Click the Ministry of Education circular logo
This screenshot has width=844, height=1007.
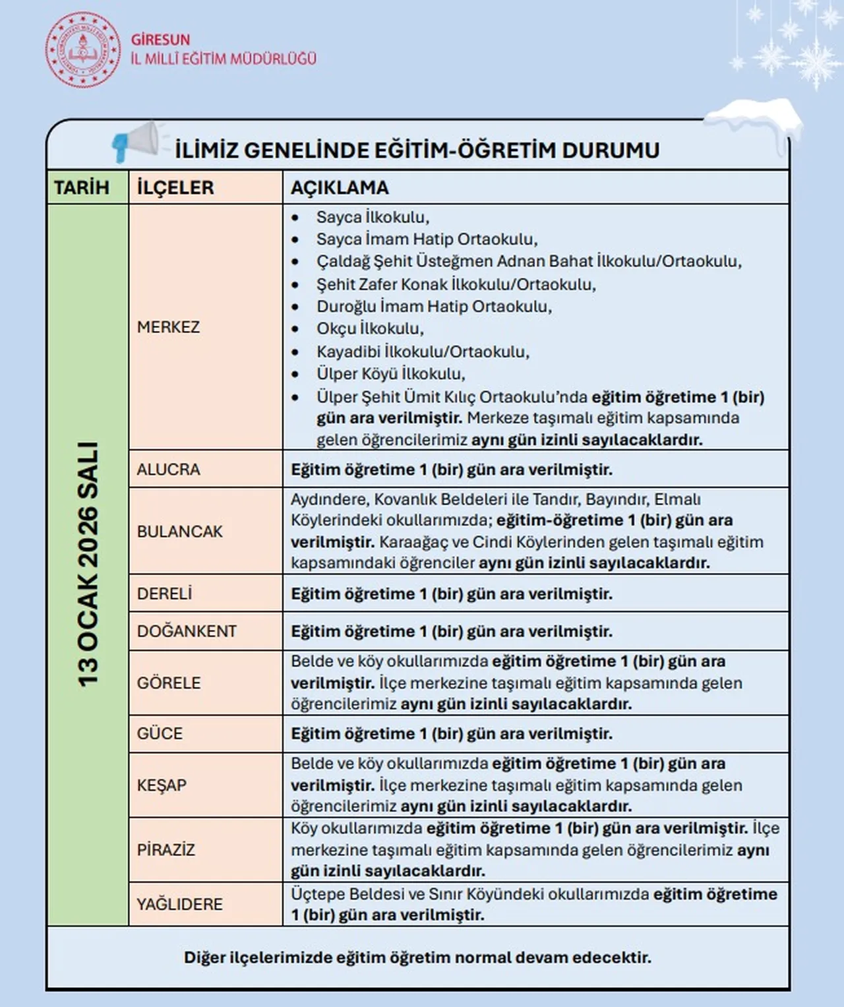(x=83, y=50)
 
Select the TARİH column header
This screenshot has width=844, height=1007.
(x=82, y=188)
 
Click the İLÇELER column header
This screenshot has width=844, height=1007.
(x=175, y=188)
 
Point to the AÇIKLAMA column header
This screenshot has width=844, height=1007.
(x=340, y=188)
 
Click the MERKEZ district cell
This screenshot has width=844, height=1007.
(x=168, y=327)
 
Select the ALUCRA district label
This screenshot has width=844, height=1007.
(x=168, y=470)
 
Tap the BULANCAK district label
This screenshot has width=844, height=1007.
(x=179, y=532)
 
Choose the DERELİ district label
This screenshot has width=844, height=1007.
(x=164, y=594)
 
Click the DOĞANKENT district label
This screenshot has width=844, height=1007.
(x=187, y=631)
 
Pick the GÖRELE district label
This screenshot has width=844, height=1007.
(x=169, y=683)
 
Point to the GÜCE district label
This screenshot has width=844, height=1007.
(x=160, y=733)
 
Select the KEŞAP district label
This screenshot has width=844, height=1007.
(x=162, y=785)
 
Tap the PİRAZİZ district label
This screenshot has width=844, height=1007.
(x=166, y=849)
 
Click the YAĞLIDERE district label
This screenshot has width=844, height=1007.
(x=179, y=904)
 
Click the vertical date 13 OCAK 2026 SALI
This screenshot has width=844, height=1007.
(x=88, y=565)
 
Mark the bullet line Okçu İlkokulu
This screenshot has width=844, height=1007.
(x=370, y=328)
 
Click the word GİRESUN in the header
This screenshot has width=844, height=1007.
(x=160, y=40)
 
